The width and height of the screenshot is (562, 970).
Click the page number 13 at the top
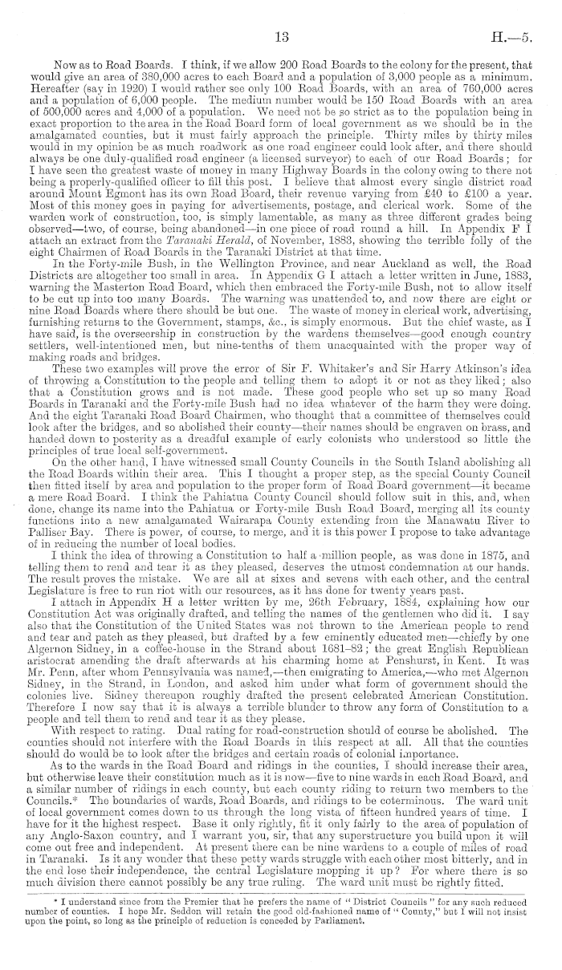[281, 37]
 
